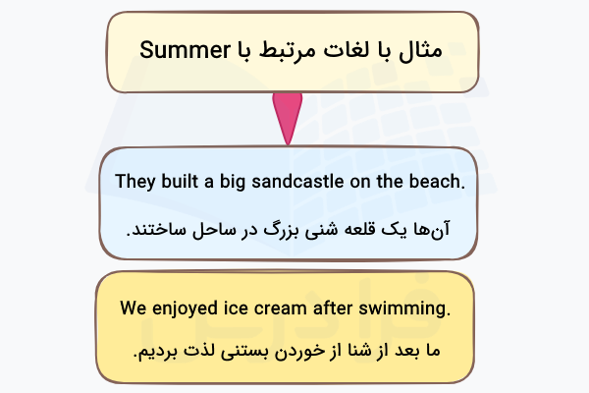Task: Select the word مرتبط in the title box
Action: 286,50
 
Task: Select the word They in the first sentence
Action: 134,182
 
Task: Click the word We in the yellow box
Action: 134,309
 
